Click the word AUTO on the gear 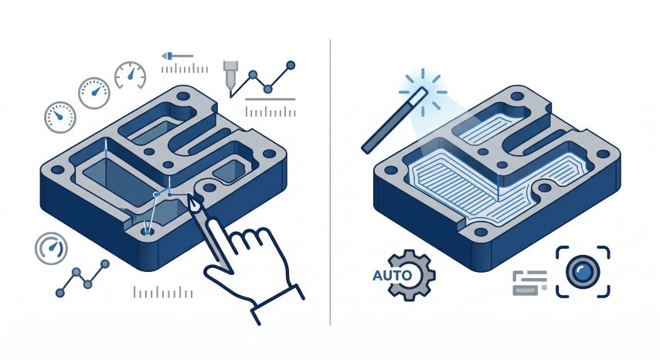tap(392, 276)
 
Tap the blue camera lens tap(583, 272)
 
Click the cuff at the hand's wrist tap(277, 304)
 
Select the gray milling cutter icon tap(230, 76)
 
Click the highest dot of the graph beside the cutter tap(290, 65)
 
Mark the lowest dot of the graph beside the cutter tap(267, 89)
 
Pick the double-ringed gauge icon tap(51, 248)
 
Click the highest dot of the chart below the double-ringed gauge tap(105, 263)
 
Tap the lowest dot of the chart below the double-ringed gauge tap(60, 293)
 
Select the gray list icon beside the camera tap(529, 283)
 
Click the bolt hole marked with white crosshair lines tap(147, 230)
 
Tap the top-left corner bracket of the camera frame tap(563, 253)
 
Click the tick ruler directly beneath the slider tap(185, 69)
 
